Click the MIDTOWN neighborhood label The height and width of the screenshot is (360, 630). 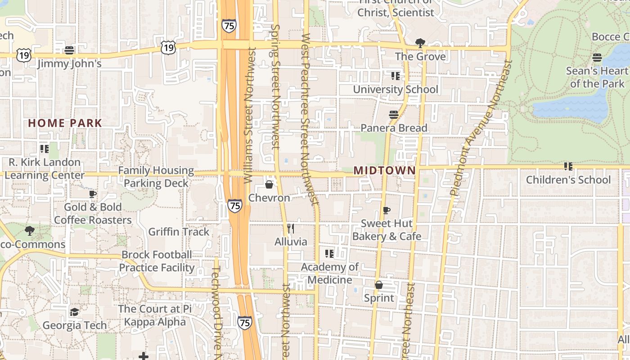(x=385, y=171)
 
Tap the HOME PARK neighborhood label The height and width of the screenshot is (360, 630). (x=65, y=123)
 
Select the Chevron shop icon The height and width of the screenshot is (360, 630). (x=269, y=184)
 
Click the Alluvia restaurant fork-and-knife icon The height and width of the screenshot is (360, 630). (x=291, y=229)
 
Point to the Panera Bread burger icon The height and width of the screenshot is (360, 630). (x=394, y=115)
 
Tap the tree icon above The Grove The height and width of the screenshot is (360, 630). (x=420, y=43)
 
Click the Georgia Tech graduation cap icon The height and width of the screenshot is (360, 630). (x=74, y=312)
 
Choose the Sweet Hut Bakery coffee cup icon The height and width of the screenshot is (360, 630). (x=386, y=210)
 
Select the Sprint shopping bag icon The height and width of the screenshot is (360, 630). (x=379, y=285)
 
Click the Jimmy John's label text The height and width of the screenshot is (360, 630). (x=69, y=64)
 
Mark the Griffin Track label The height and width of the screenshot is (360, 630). (x=179, y=232)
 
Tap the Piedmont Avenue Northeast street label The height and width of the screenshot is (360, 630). (x=480, y=128)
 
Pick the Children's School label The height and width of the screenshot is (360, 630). (x=568, y=180)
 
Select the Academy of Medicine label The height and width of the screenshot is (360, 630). (x=330, y=273)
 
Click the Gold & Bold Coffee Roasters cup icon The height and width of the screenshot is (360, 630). (x=93, y=194)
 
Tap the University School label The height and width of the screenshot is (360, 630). (x=395, y=90)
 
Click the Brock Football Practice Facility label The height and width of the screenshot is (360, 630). (x=157, y=261)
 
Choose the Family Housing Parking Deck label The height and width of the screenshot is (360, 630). (x=156, y=177)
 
